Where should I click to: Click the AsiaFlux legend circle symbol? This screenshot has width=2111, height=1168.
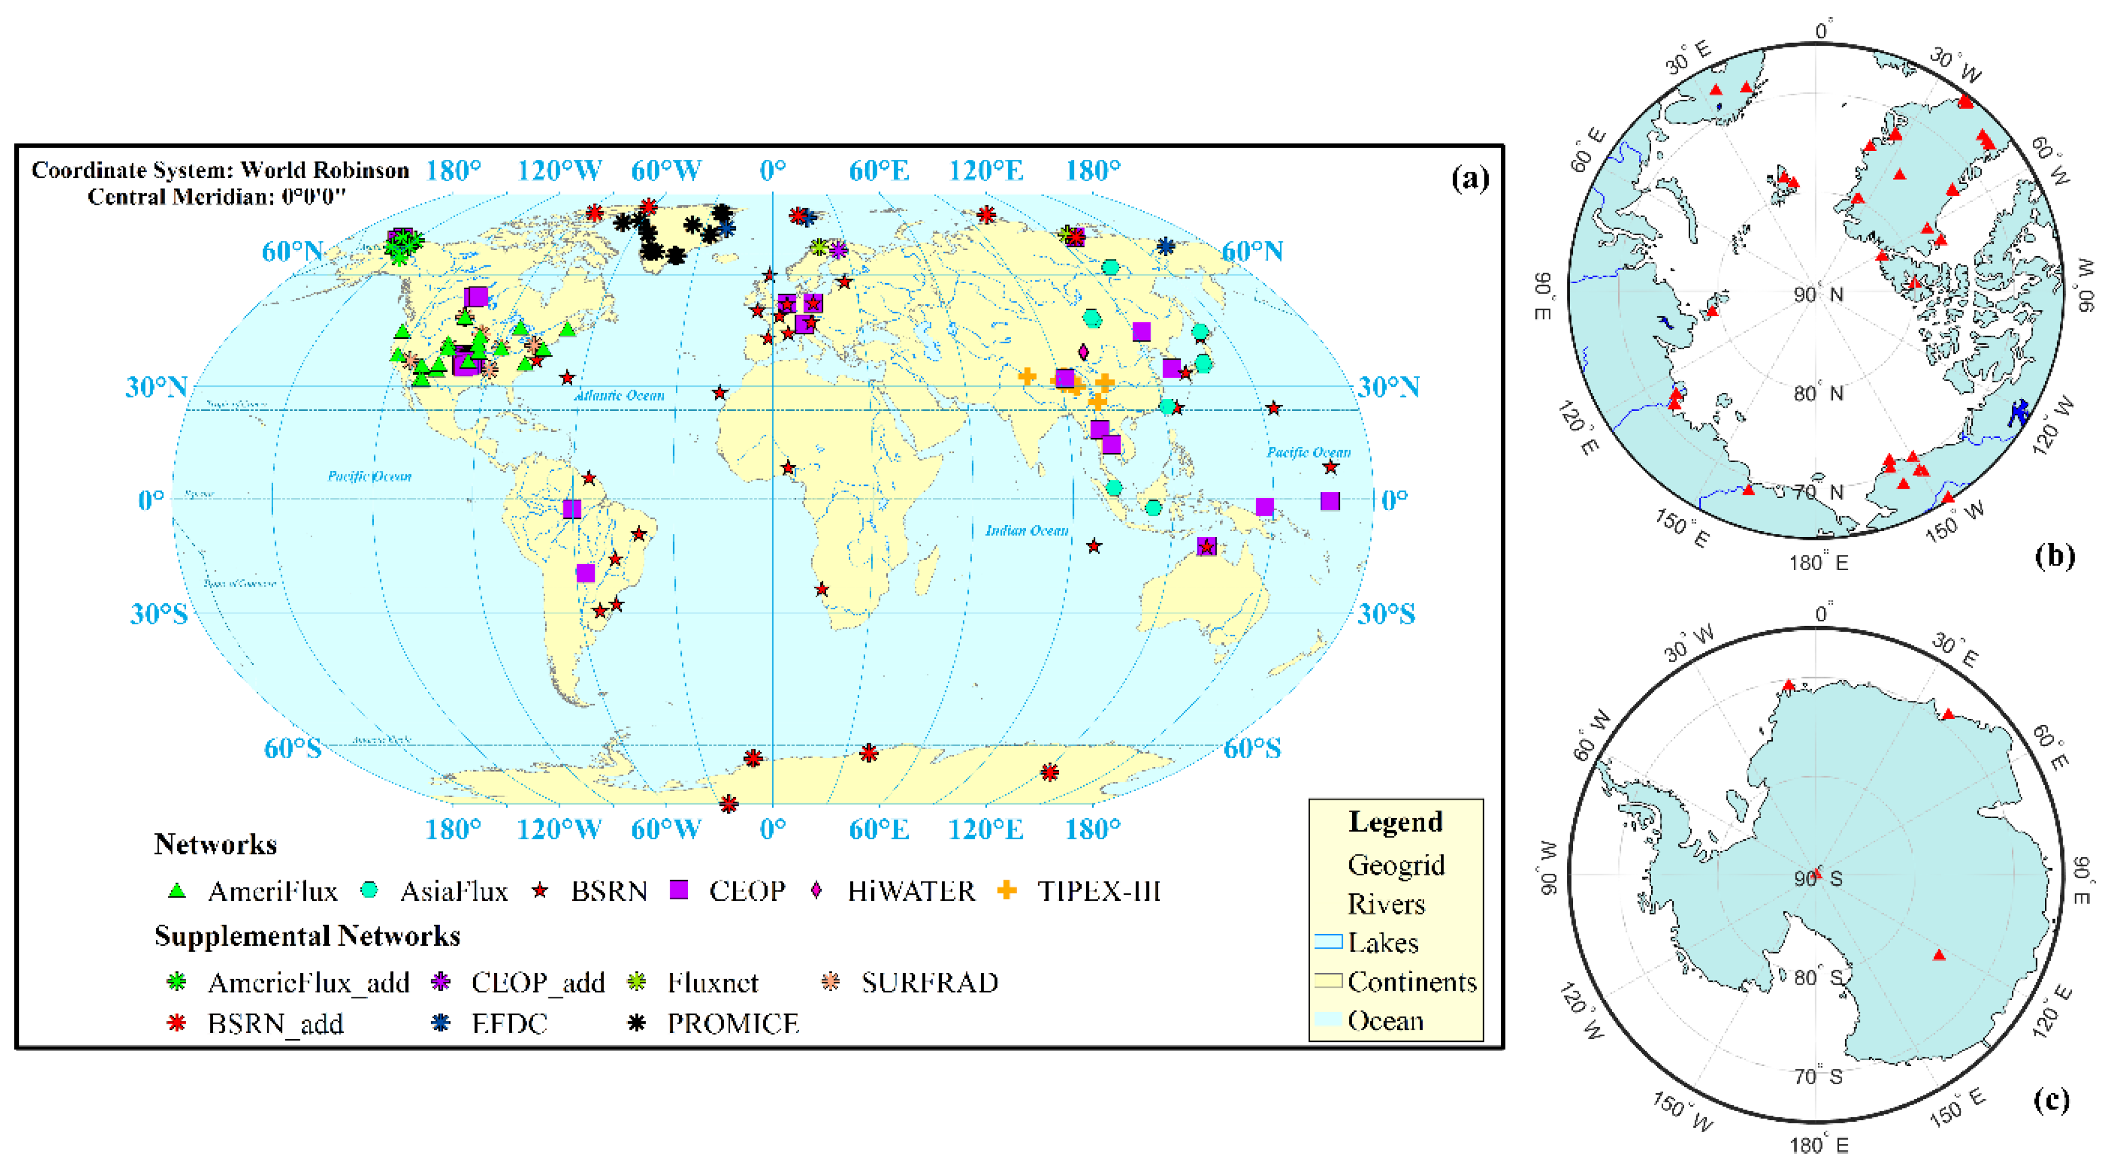point(370,890)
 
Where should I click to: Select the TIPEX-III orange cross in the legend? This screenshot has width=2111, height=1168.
point(1007,890)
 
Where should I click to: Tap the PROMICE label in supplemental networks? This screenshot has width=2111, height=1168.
point(732,1023)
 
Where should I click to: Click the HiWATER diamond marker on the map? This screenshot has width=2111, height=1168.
point(1083,353)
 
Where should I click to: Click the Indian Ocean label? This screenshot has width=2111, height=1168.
point(1026,531)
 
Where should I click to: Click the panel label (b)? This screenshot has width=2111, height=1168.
point(2054,556)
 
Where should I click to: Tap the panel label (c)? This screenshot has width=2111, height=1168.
point(2051,1099)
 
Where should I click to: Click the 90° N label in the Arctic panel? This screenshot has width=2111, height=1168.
point(1817,294)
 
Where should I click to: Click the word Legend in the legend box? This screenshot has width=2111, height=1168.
point(1396,822)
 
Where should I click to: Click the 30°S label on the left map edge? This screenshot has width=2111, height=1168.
point(158,613)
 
